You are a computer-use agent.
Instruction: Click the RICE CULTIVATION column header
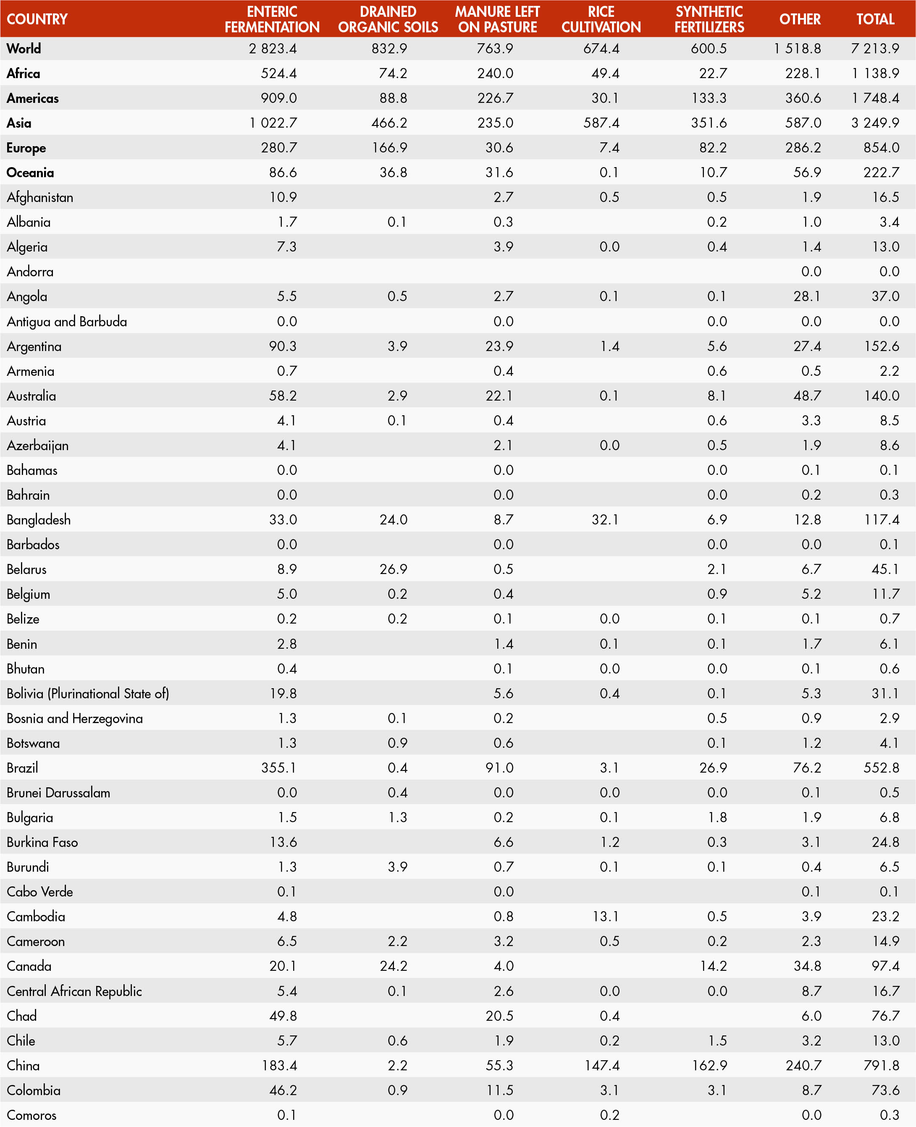601,19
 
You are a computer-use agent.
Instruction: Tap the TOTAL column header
875,19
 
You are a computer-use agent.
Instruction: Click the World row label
24,49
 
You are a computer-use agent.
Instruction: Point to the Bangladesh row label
39,520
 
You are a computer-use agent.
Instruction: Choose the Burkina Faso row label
42,842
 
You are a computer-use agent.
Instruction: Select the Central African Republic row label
74,991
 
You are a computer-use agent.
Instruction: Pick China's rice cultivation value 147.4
601,1065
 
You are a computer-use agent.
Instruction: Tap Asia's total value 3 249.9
875,123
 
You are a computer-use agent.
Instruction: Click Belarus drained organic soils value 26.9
393,569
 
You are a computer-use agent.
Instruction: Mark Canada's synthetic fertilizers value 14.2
714,966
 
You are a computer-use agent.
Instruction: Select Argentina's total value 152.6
881,346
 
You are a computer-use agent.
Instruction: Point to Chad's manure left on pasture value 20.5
499,1016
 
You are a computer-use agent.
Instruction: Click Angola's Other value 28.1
807,296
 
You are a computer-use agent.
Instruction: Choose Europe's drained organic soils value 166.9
389,148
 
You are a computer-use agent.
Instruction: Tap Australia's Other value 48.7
807,396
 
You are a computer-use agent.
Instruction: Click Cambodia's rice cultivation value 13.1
605,917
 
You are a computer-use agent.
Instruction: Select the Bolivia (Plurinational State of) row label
88,693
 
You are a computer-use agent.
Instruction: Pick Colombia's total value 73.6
885,1090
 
